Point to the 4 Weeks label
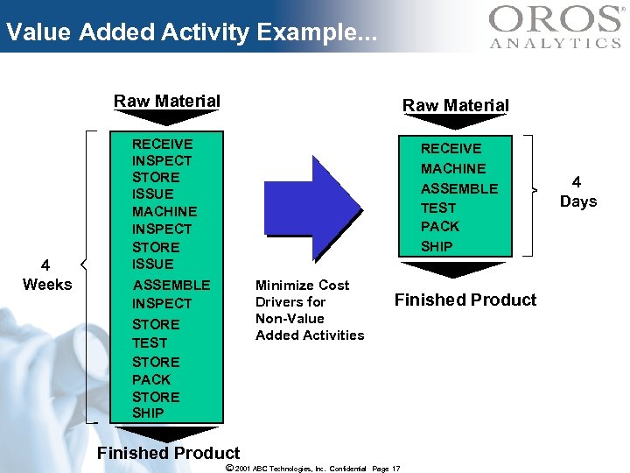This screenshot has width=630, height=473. coord(47,275)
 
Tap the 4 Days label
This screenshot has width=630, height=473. coord(577,192)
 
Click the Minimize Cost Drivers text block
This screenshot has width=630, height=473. coord(309,310)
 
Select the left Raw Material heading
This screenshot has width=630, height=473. coord(166,101)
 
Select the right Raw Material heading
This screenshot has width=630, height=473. coord(455,105)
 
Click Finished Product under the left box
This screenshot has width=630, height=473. coord(168,453)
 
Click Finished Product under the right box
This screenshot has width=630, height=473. coord(465,300)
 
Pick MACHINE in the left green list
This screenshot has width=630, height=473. coord(164,211)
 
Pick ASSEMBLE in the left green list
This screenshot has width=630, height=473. coord(171,285)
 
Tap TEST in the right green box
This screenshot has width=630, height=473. coord(438,208)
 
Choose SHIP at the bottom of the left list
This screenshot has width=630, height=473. coord(148,413)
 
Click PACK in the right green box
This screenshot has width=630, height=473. coord(439,226)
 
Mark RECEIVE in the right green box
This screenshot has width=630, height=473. coord(451,148)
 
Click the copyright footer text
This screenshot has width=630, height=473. coord(312,469)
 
